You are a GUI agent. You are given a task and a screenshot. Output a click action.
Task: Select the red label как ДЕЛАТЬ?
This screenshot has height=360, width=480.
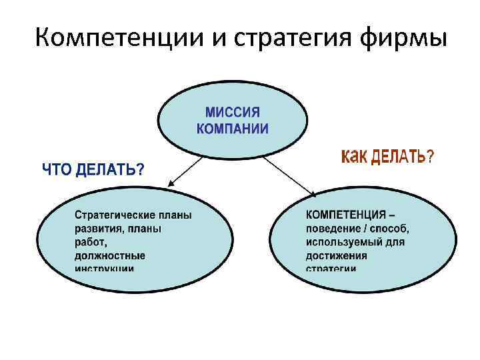point(387,157)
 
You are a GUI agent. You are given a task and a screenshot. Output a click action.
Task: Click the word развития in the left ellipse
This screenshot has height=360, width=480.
point(99,229)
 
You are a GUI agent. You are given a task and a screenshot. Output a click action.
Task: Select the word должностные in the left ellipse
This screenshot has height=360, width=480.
point(109,255)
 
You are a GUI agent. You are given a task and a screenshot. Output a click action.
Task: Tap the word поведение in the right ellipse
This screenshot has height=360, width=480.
point(334,229)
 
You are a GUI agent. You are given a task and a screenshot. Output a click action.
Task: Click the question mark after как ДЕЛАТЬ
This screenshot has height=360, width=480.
point(430,157)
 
